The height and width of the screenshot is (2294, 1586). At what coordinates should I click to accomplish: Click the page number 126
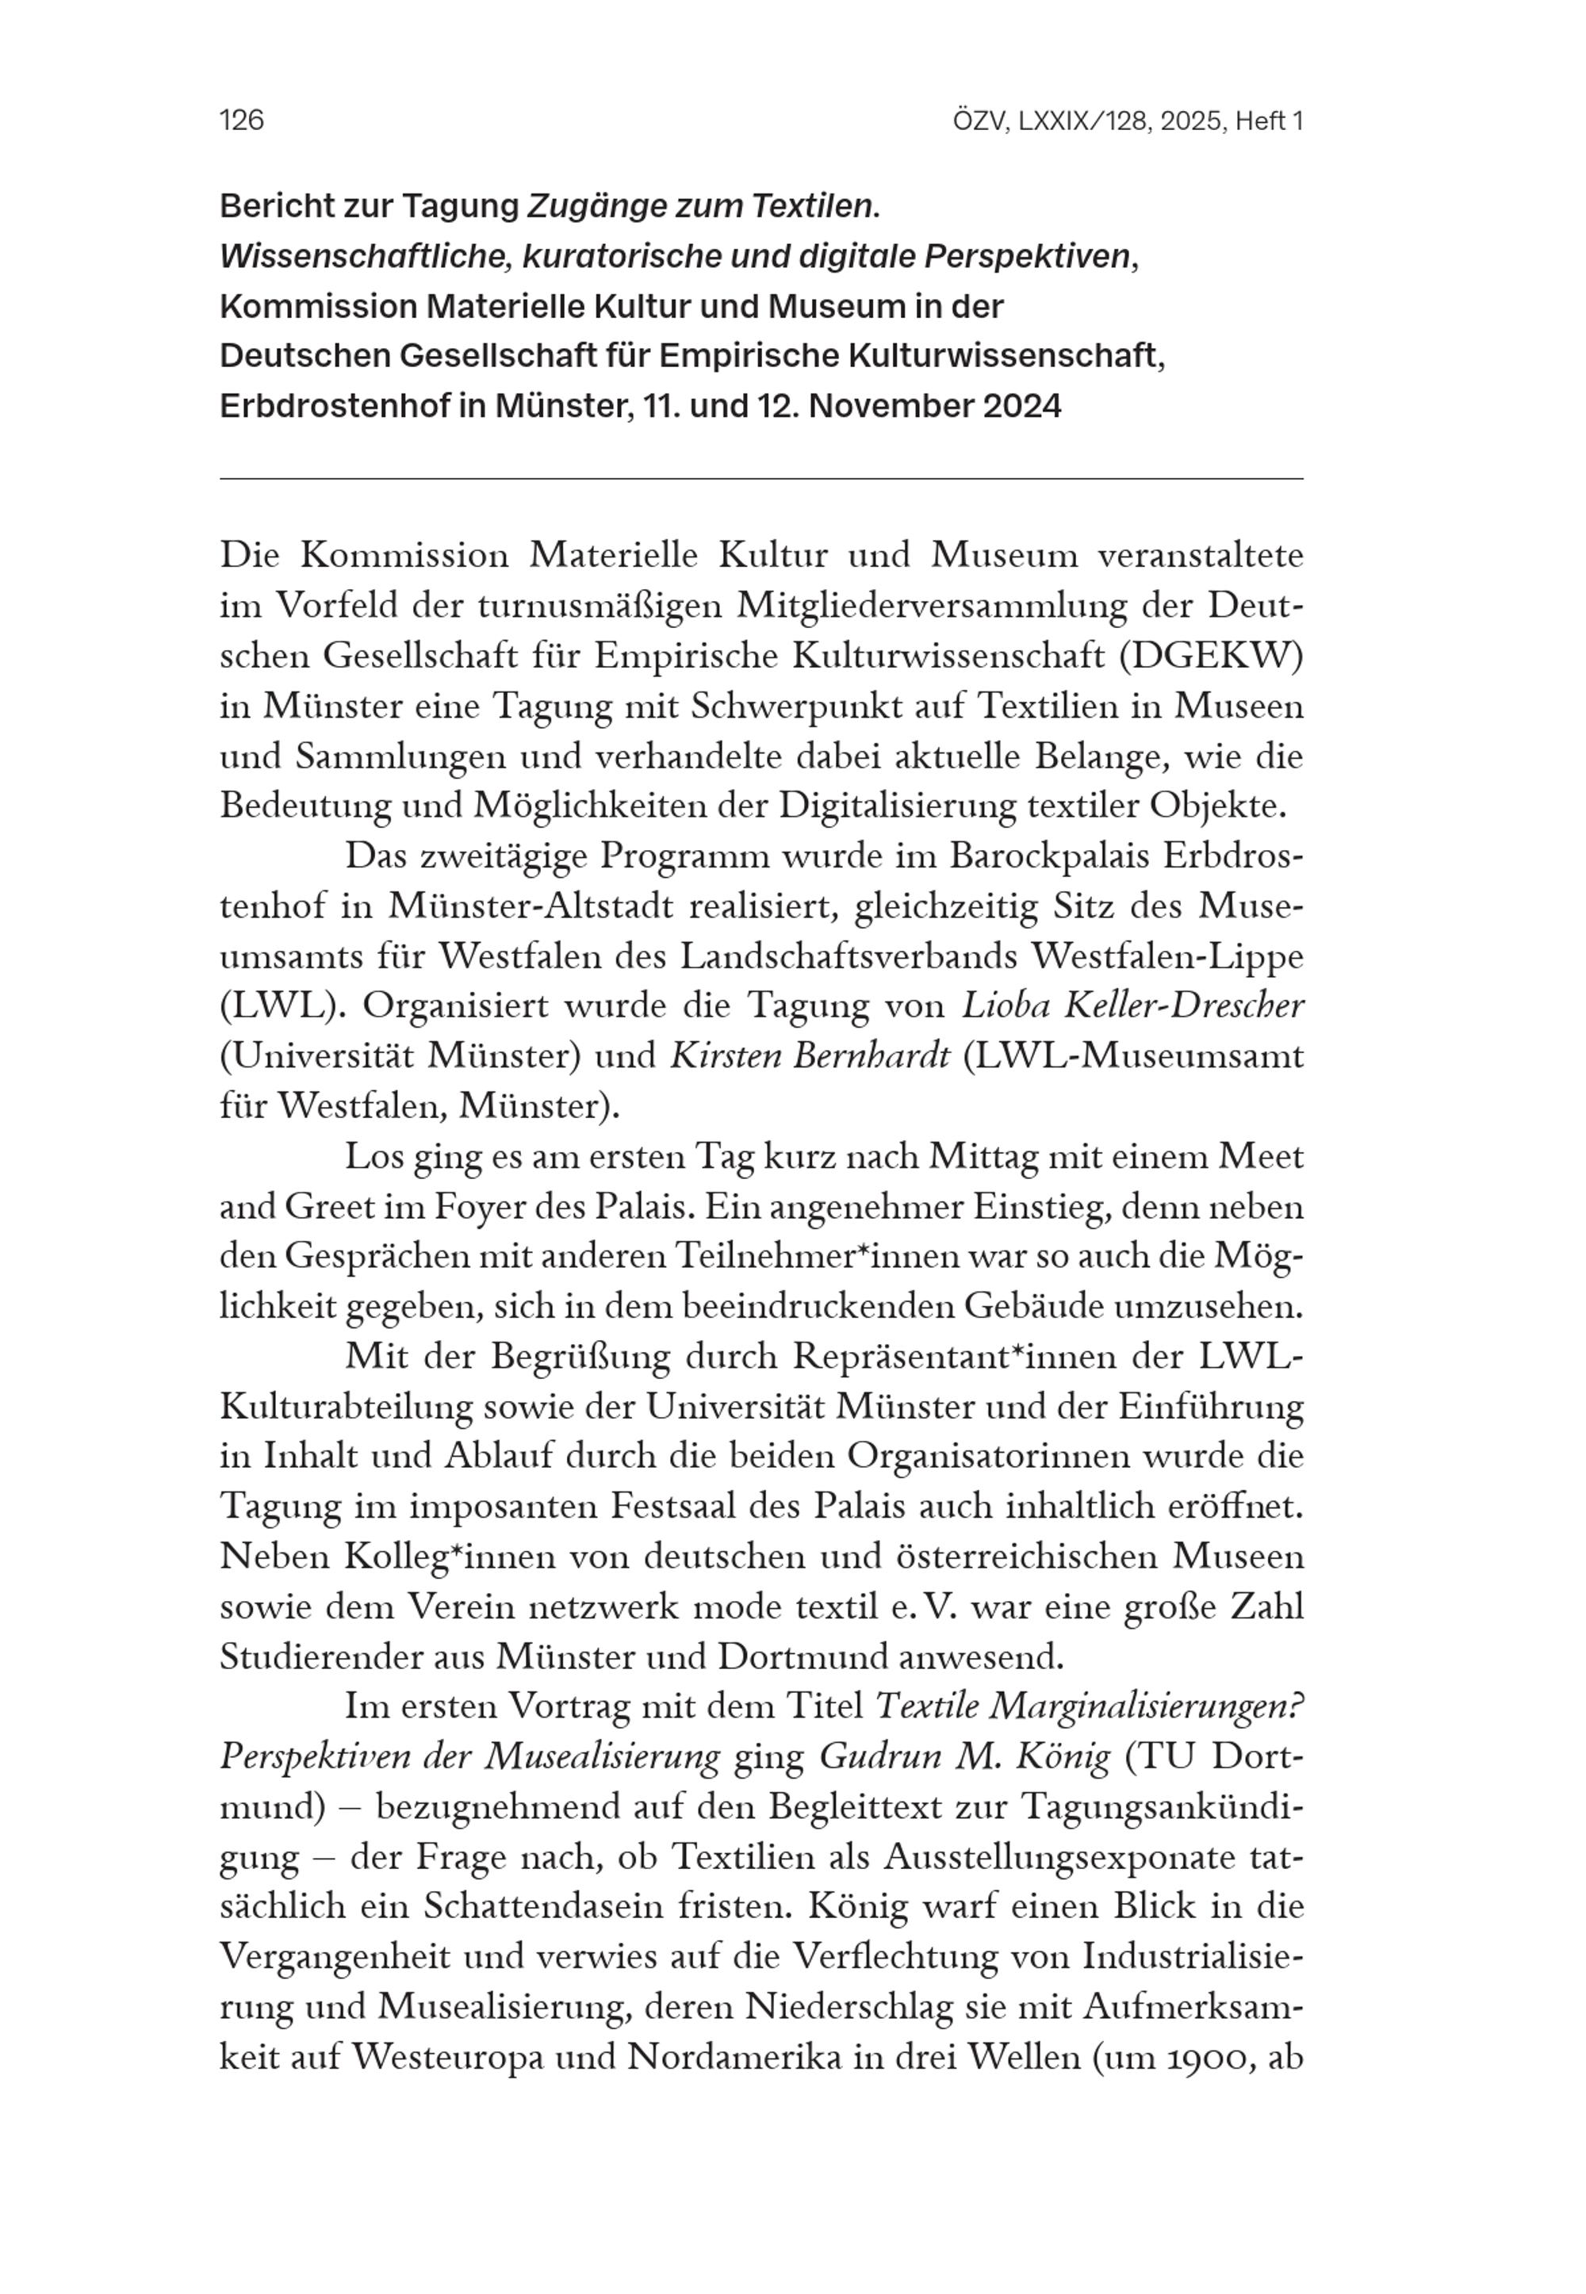point(242,121)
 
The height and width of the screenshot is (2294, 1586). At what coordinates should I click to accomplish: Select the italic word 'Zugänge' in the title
point(585,207)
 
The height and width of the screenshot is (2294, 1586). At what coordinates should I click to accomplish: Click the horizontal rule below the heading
point(760,479)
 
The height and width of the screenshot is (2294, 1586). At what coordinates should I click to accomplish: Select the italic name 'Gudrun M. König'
point(964,1756)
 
